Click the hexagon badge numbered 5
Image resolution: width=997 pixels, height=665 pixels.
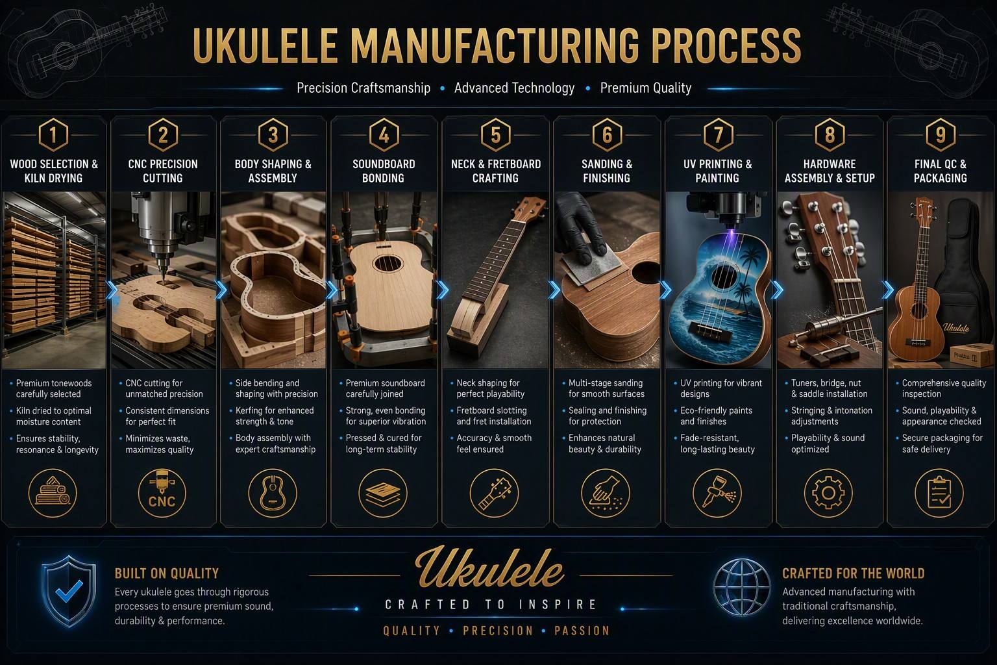[x=495, y=134]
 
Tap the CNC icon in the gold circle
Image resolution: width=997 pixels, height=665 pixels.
[x=162, y=493]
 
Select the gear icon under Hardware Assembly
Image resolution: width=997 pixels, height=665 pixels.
[x=828, y=493]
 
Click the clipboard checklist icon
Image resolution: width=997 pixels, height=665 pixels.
[x=939, y=493]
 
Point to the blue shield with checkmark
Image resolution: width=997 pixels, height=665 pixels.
[x=69, y=591]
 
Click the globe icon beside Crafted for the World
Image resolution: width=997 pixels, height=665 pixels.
[x=741, y=588]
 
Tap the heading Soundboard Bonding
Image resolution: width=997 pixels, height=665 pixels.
[x=384, y=171]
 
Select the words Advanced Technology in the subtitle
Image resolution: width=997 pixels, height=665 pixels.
[x=515, y=88]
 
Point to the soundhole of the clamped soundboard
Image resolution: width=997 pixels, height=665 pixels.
[x=388, y=263]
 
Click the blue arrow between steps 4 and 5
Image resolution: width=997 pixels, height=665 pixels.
[x=443, y=290]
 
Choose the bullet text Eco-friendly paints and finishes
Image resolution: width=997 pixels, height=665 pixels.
[x=716, y=416]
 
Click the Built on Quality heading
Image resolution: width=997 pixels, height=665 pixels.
[x=167, y=573]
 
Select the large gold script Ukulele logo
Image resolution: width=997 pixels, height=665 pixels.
[x=489, y=566]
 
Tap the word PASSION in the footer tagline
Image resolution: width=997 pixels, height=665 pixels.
[x=582, y=631]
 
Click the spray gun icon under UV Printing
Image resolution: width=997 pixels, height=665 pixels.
[x=717, y=493]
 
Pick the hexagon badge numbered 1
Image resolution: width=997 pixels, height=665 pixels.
[x=53, y=134]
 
